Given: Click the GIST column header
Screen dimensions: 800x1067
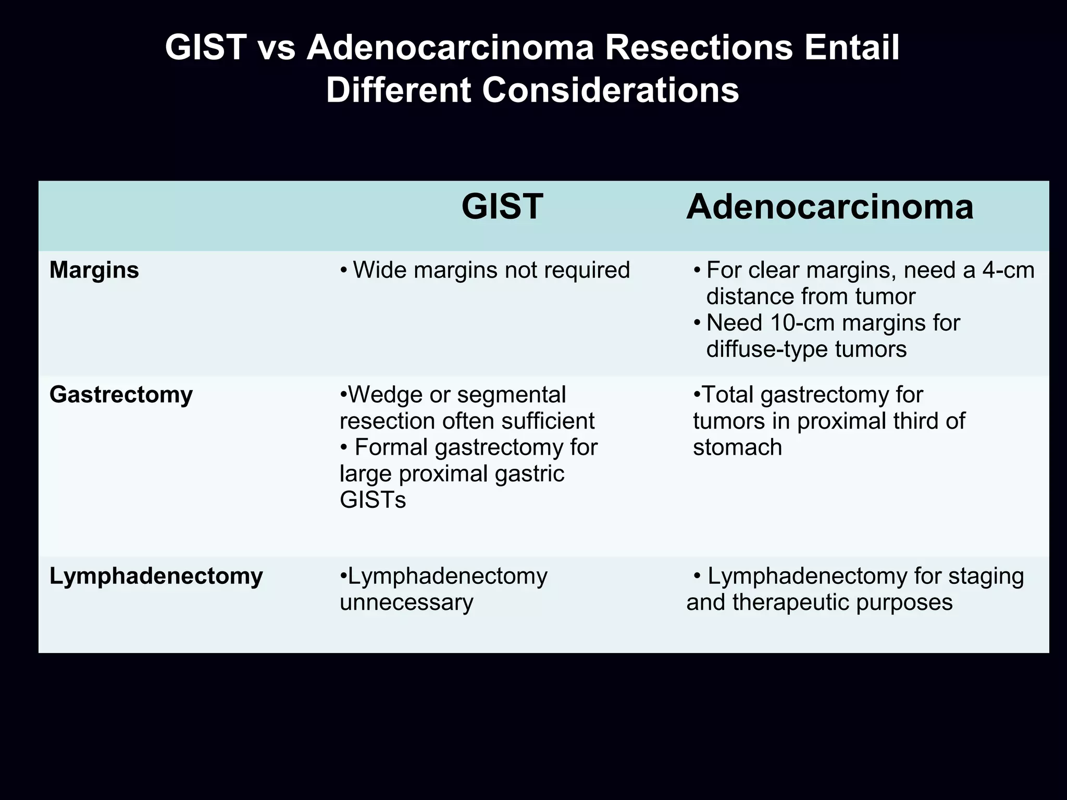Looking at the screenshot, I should click(502, 207).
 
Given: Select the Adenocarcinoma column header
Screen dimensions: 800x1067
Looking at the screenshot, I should click(829, 207).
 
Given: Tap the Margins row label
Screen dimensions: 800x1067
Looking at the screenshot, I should click(94, 270).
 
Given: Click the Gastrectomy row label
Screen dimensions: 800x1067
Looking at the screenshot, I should click(121, 395).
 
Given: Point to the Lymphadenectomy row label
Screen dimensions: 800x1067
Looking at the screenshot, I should click(156, 576).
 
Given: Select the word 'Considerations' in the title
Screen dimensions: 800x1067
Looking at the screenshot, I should click(610, 90).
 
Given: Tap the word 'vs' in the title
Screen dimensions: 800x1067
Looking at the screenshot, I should click(276, 48).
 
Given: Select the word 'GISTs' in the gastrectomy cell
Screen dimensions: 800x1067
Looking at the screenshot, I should click(373, 500).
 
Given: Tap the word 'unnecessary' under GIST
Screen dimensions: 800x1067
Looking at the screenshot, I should click(406, 603).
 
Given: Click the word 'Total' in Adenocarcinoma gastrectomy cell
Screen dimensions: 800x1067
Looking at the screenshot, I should click(728, 395).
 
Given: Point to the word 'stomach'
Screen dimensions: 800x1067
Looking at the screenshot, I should click(737, 447).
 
